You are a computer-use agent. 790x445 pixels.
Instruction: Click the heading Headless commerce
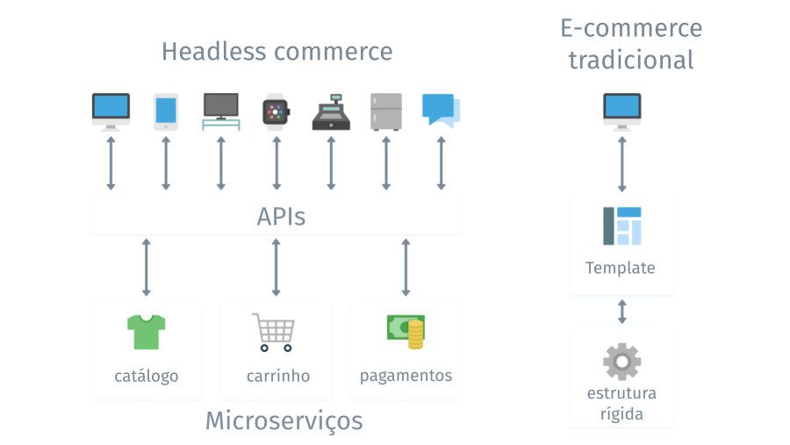[276, 52]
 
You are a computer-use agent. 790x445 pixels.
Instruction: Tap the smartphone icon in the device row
[166, 111]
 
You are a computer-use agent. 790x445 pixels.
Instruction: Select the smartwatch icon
[276, 112]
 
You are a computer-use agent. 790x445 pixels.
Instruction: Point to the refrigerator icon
[385, 111]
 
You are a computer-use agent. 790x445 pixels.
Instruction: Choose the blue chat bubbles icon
[441, 111]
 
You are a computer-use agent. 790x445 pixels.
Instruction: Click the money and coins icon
[406, 329]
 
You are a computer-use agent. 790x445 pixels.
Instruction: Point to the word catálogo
[147, 376]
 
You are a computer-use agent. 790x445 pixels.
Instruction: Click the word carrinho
[278, 376]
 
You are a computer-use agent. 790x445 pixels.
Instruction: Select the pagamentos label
[406, 376]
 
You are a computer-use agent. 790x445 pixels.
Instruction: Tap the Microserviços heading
[284, 420]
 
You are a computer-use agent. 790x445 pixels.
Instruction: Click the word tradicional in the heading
[630, 60]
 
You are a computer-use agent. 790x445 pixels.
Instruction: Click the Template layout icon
[622, 226]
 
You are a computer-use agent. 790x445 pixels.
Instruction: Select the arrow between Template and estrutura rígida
[622, 311]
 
